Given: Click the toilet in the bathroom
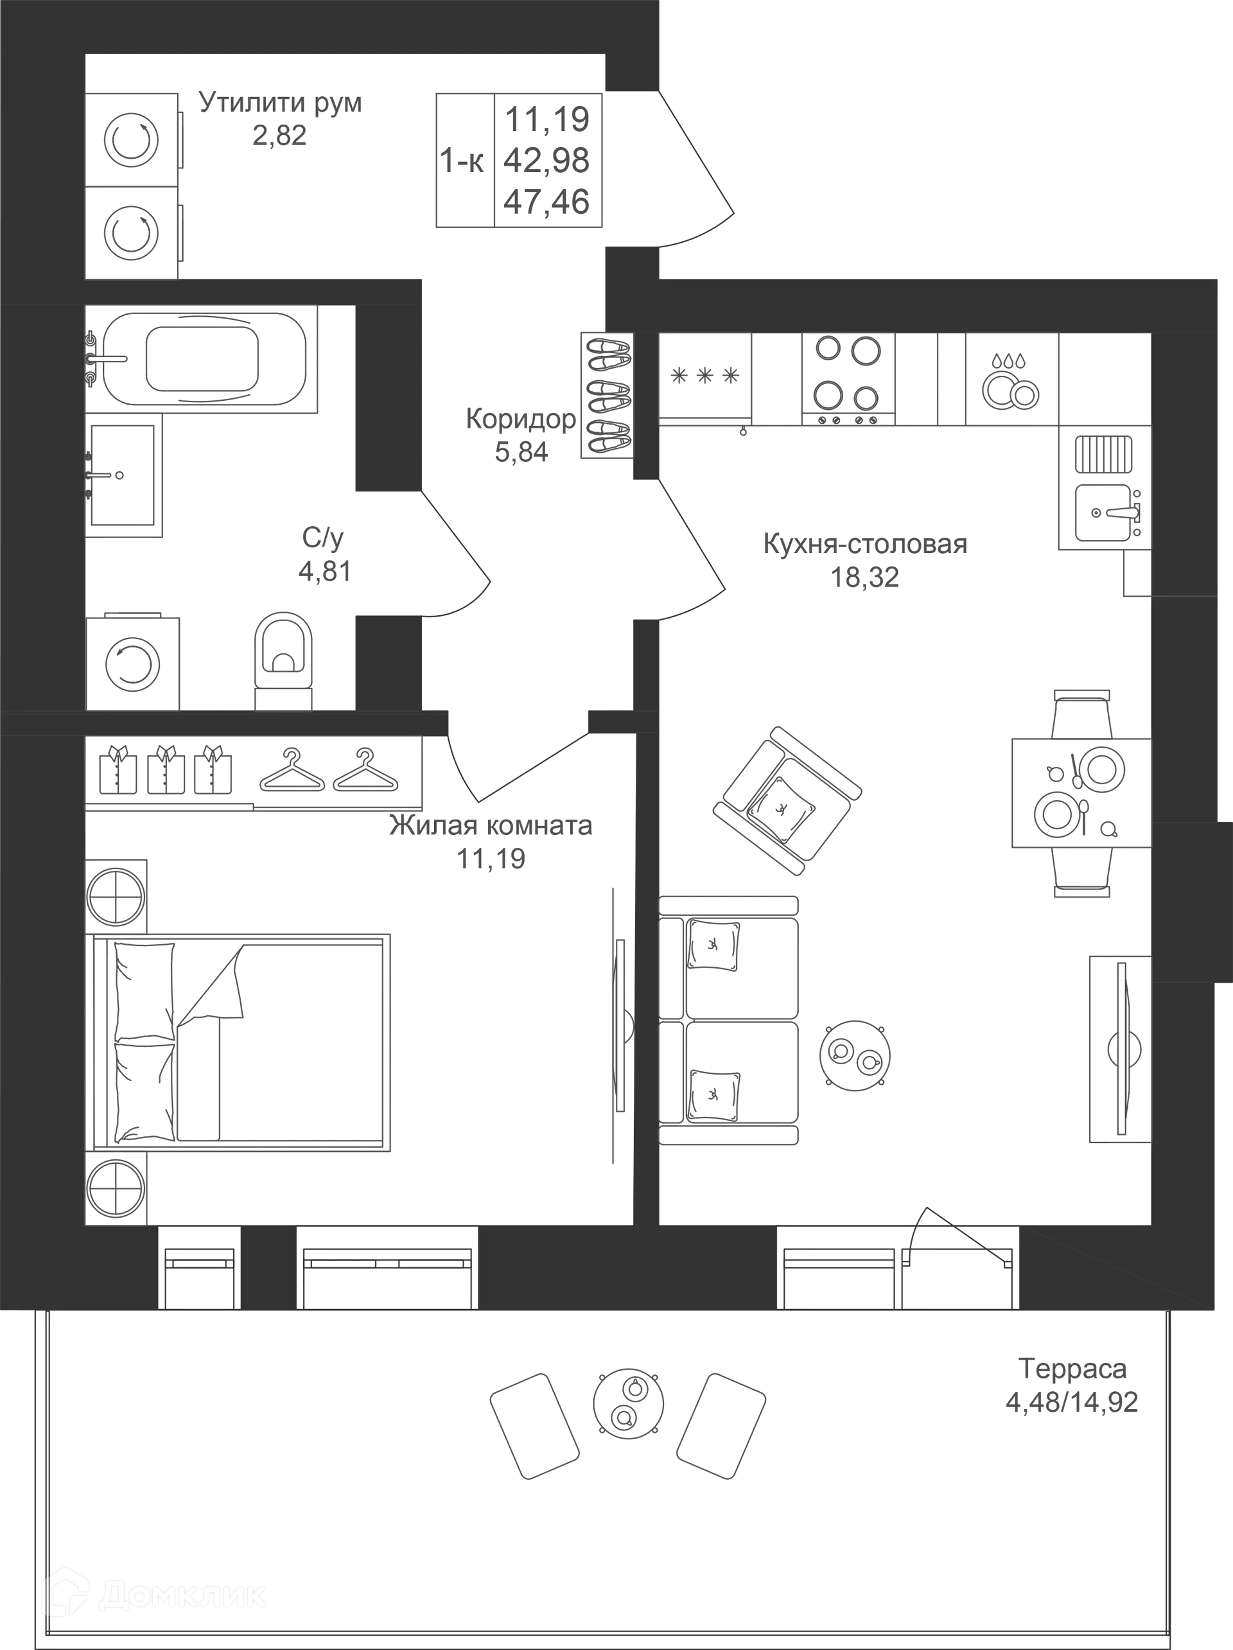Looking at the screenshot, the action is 283,660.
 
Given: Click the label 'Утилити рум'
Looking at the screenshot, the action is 281,102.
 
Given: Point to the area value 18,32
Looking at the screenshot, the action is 865,577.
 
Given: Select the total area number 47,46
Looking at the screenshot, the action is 547,202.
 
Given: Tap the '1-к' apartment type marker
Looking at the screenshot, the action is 462,161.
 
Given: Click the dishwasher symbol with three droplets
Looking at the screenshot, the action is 1011,379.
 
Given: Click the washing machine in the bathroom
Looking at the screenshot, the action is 132,662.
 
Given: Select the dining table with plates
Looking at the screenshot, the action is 1081,793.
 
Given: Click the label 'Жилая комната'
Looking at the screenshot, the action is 491,827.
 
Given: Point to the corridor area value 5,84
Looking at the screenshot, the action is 521,452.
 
